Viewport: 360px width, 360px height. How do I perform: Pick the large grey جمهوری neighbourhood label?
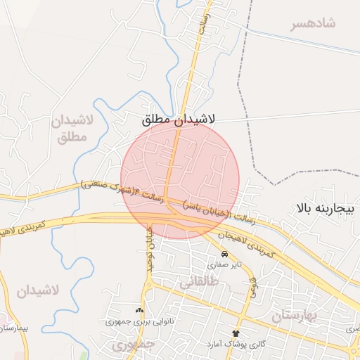coord(131,345)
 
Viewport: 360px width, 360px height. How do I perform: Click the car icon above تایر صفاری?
coord(224,254)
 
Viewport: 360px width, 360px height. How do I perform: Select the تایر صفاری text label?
coord(224,265)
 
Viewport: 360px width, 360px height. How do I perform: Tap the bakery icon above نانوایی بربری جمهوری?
coord(139,310)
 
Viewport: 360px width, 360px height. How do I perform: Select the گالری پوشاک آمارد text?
coord(236,344)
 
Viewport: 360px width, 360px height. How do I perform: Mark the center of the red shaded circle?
coord(180,180)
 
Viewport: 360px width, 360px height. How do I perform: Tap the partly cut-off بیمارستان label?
coord(13,328)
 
